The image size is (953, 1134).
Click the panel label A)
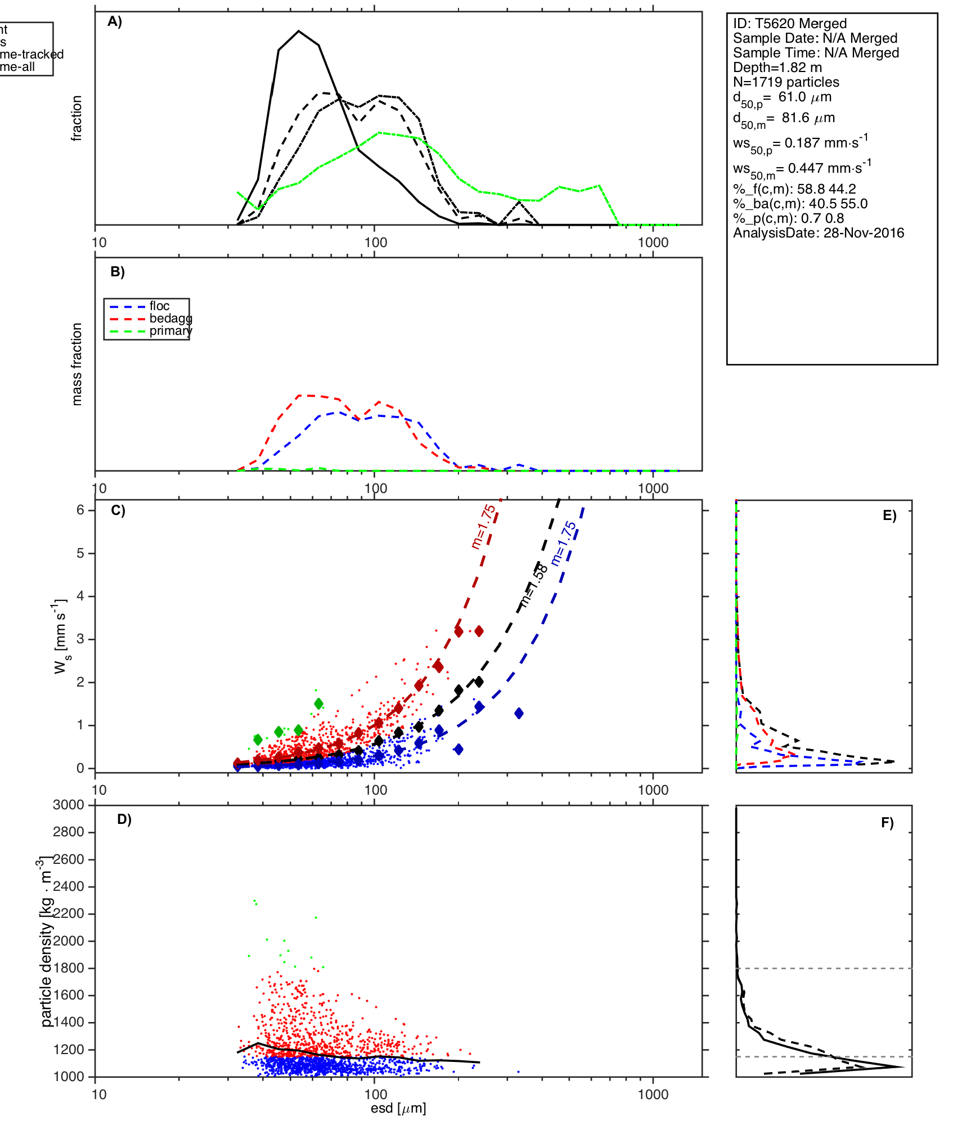coord(115,21)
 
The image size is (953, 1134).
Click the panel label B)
coord(118,272)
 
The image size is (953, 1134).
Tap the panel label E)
coord(889,516)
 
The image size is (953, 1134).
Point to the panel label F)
coord(887,823)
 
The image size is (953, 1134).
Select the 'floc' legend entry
coord(159,306)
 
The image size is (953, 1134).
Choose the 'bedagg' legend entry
coord(170,319)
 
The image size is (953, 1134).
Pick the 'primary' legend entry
coord(170,331)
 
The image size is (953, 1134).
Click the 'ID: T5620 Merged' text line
coord(789,24)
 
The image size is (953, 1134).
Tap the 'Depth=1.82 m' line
coord(777,68)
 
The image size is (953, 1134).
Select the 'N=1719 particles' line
coord(786,82)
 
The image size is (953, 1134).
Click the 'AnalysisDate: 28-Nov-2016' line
coord(818,233)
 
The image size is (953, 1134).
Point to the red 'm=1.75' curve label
coord(484,526)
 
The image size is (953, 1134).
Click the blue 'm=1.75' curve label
coord(564,544)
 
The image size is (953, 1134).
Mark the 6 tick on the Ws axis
coord(80,510)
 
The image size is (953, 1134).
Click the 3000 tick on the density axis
coord(69,805)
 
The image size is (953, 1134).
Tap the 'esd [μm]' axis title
coord(398,1108)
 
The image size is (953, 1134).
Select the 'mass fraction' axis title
coord(77,364)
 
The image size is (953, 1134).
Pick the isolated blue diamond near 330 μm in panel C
coord(519,714)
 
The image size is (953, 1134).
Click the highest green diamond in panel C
coord(319,703)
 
